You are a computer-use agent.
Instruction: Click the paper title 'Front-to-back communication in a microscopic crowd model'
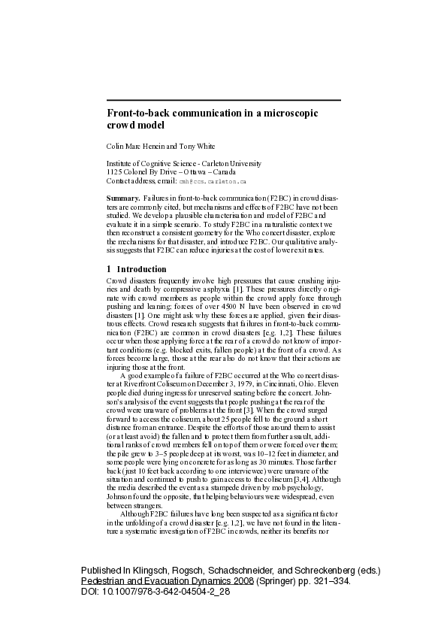click(x=213, y=119)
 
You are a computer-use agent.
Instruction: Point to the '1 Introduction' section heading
click(x=136, y=268)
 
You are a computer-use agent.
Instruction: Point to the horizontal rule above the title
click(x=223, y=100)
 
